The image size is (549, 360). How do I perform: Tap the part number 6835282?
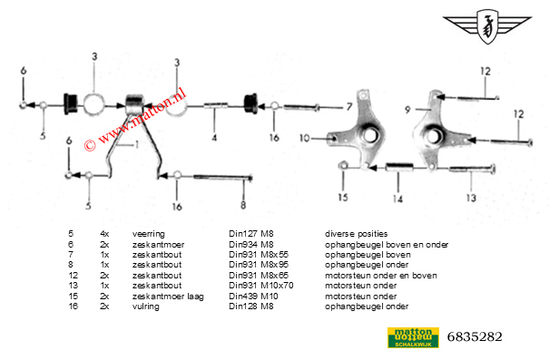pyautogui.click(x=475, y=337)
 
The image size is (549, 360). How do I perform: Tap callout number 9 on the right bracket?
pyautogui.click(x=408, y=109)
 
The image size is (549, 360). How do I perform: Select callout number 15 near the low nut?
pyautogui.click(x=343, y=197)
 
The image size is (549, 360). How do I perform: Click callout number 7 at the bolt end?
pyautogui.click(x=348, y=107)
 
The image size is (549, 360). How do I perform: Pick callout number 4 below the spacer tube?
pyautogui.click(x=214, y=139)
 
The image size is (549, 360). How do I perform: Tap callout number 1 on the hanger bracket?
pyautogui.click(x=136, y=145)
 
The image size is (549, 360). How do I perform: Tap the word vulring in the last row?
pyautogui.click(x=144, y=306)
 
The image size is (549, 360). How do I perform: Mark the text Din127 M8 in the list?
pyautogui.click(x=250, y=234)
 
